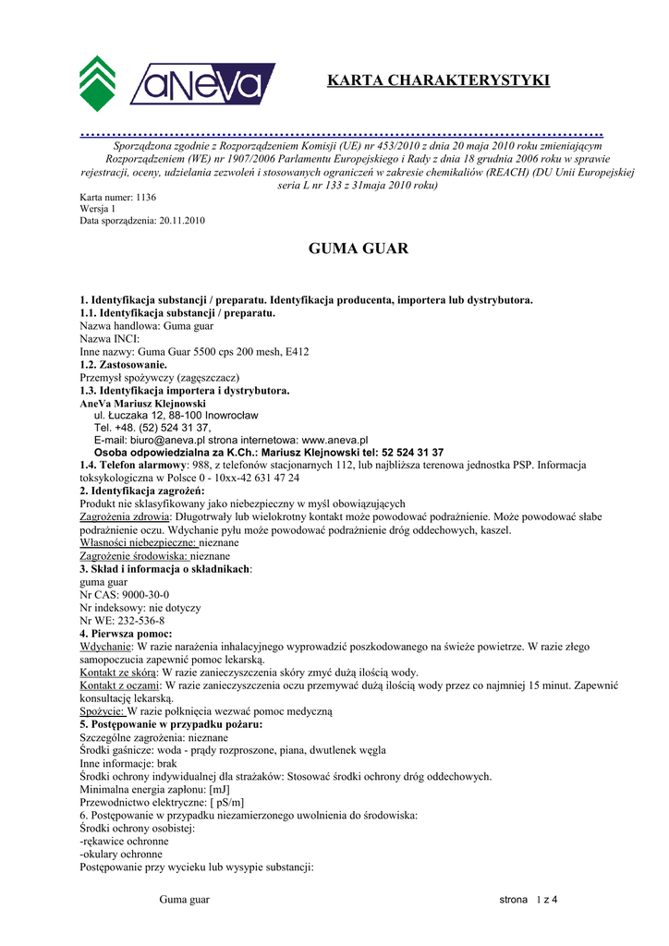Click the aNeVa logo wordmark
tap(201, 84)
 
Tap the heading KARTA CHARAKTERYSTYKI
tap(438, 81)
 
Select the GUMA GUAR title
tap(356, 249)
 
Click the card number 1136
tap(146, 198)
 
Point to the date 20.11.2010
tap(182, 221)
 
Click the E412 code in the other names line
tap(296, 352)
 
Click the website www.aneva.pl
tap(335, 441)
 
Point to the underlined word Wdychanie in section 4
tap(105, 647)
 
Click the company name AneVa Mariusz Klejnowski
tap(142, 404)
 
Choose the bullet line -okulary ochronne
tap(121, 855)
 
